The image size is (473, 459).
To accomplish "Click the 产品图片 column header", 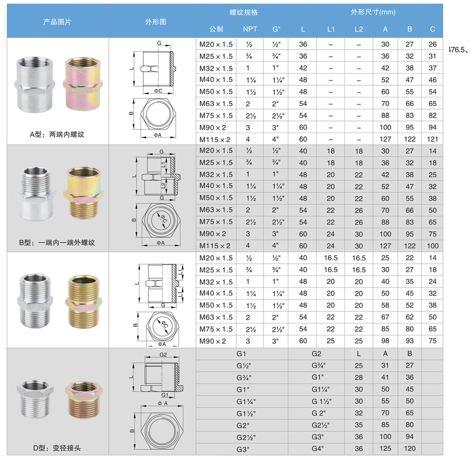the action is (57, 21).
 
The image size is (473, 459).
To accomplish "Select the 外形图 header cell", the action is (156, 21).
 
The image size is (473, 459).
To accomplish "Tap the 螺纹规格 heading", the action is (243, 12).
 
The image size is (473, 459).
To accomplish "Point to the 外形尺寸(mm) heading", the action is (373, 12).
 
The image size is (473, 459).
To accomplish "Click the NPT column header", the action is (250, 29).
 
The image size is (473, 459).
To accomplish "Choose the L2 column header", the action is (359, 29).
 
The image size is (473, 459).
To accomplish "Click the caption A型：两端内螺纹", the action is (57, 134).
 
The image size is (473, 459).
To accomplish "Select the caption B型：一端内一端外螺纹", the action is (57, 243).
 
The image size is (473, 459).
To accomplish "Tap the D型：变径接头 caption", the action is (57, 448).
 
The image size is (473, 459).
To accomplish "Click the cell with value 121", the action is (432, 139).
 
